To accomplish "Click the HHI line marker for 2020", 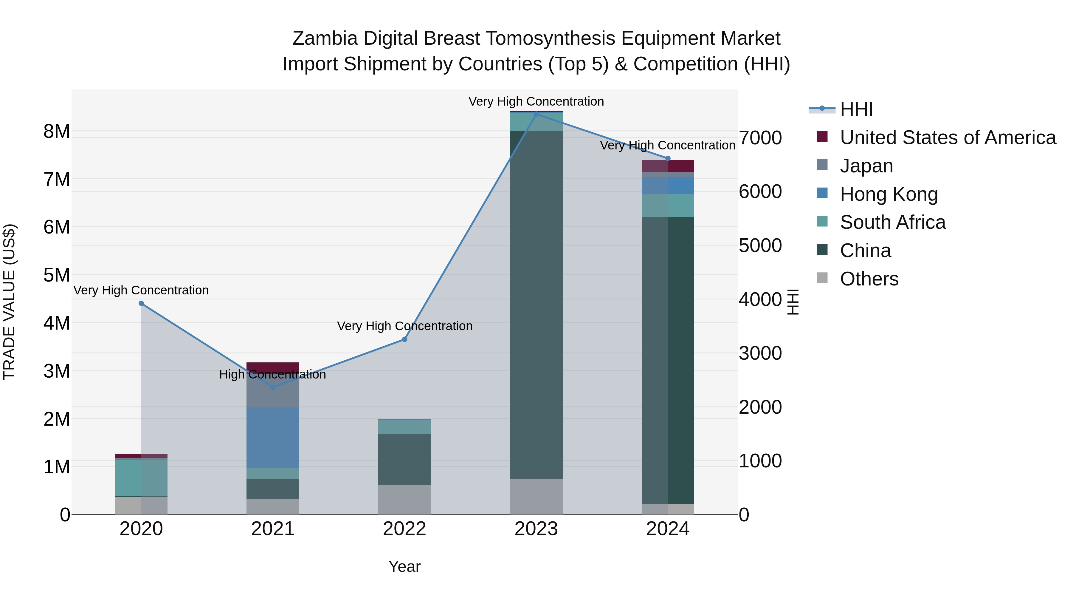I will (x=141, y=303).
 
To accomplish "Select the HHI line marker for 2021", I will (x=273, y=387).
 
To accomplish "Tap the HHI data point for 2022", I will (x=404, y=339).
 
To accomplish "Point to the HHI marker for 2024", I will (x=668, y=158).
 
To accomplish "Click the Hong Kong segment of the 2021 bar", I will (x=273, y=438).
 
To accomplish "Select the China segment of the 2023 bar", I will (x=536, y=304).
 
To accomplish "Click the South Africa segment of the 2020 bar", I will (x=141, y=477).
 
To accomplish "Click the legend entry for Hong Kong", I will (x=889, y=194).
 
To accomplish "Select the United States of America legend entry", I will (x=948, y=138).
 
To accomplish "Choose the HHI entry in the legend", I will (x=856, y=109).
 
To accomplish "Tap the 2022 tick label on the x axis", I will (x=404, y=529).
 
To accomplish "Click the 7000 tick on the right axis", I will (x=760, y=138).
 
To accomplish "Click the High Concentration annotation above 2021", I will (x=272, y=374).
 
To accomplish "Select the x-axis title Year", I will (x=404, y=566).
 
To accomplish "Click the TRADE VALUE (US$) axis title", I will (x=10, y=302).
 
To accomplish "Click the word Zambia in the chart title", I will (x=325, y=38).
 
